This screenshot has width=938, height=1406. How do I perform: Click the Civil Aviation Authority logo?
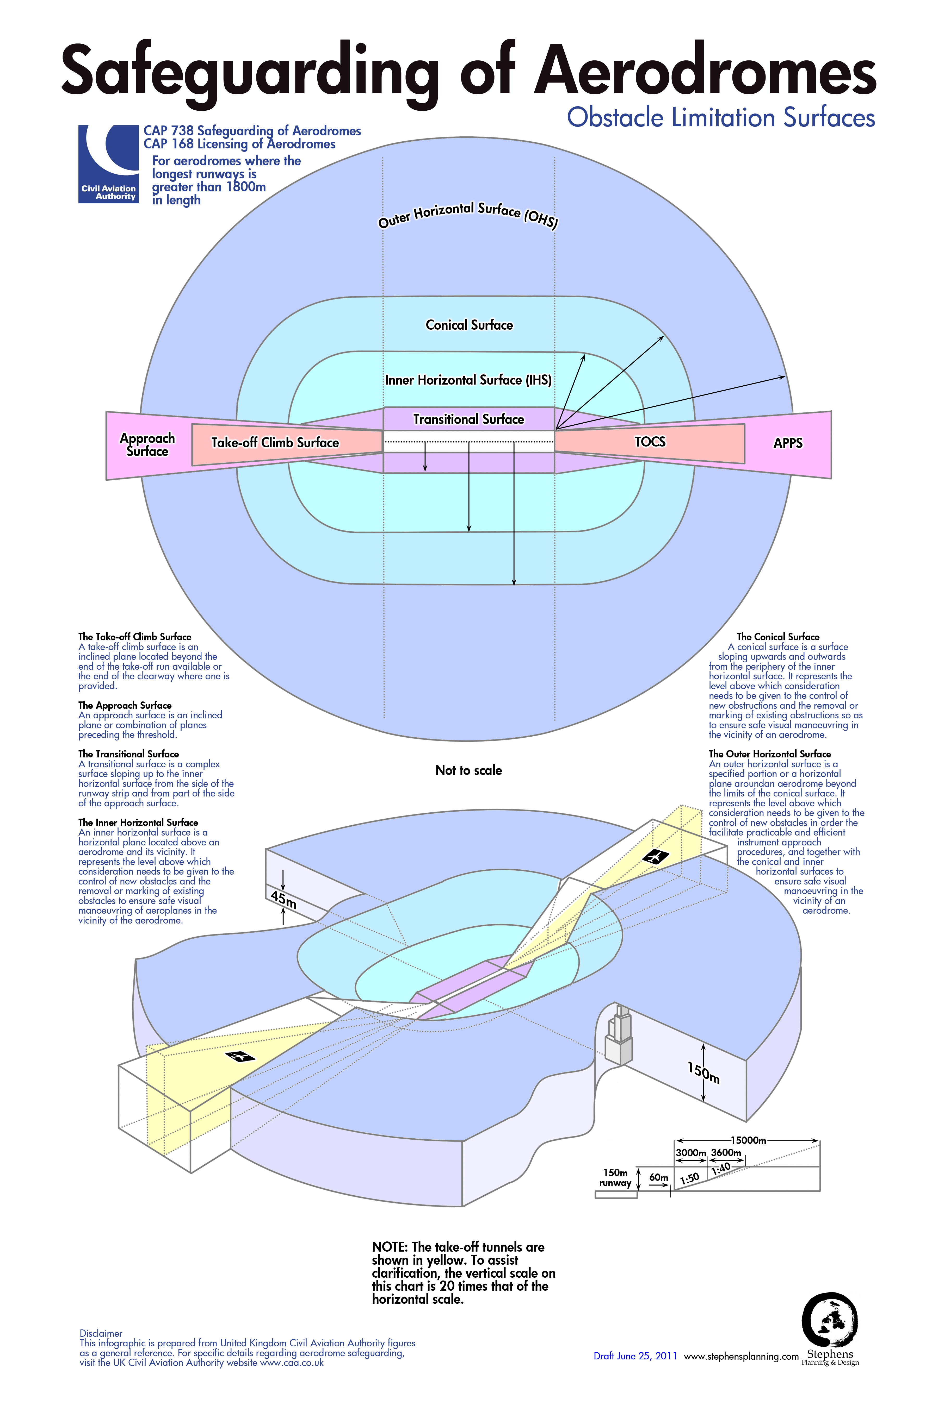(x=108, y=164)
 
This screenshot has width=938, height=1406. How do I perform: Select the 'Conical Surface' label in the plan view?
(x=469, y=325)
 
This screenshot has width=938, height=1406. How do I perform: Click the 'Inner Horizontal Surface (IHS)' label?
(x=468, y=380)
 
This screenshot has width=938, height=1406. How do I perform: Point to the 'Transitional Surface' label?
(x=468, y=419)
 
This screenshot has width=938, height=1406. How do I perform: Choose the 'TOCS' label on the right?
(x=650, y=442)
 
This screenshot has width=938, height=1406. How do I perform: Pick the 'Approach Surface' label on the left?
(x=147, y=445)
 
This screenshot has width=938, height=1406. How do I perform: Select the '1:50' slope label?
(x=689, y=1178)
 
